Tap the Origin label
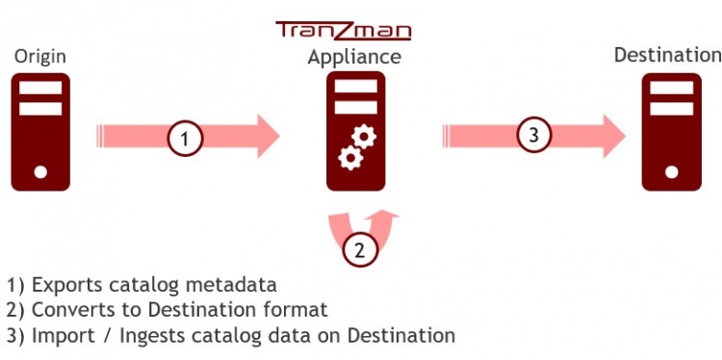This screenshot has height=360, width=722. click(x=39, y=58)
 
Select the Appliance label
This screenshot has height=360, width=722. click(x=354, y=58)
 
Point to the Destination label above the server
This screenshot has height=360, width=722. click(x=667, y=54)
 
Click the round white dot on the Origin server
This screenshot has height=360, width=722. click(x=40, y=173)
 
